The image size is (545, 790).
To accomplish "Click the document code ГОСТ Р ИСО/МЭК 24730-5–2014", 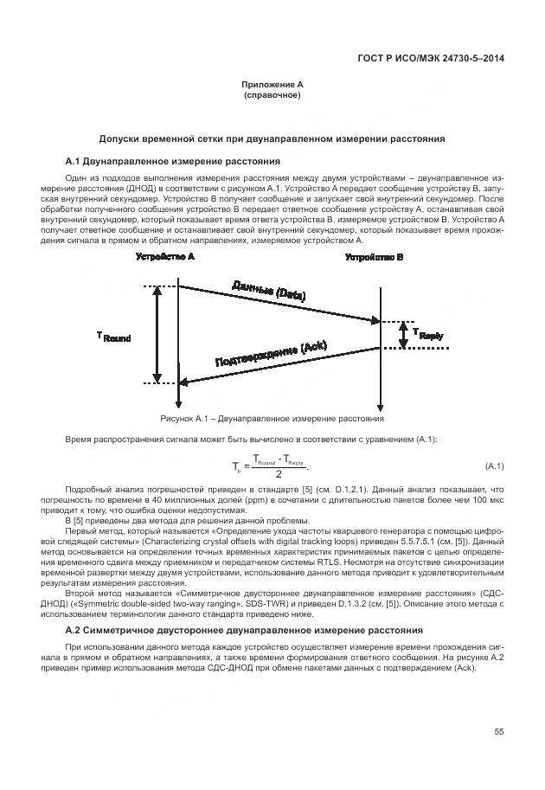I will point(430,59).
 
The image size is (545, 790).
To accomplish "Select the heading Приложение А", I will point(272,84).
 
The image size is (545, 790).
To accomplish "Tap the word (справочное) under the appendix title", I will point(272,94).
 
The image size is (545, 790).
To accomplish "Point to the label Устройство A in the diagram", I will point(165,257).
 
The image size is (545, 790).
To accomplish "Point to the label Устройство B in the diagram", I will point(374,257).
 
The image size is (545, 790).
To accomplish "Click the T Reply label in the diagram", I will point(428,334).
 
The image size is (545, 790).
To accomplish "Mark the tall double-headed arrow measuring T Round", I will point(157,334).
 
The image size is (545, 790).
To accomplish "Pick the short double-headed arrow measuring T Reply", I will point(402,335).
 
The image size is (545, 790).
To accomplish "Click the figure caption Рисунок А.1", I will point(272,418).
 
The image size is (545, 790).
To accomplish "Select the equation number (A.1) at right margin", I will point(494,466).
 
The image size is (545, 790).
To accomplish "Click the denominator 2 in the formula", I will point(277,474).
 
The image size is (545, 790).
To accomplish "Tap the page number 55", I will point(498,732).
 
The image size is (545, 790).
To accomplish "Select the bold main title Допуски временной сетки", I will point(272,138).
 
